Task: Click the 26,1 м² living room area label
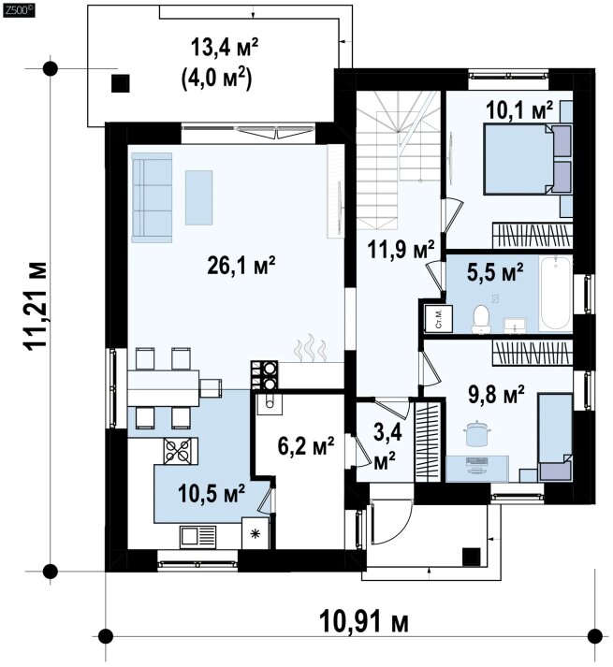click(241, 266)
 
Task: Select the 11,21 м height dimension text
click(37, 306)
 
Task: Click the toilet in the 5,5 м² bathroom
click(481, 319)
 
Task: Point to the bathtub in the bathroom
click(555, 293)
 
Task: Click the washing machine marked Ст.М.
click(439, 318)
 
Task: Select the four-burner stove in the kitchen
click(181, 451)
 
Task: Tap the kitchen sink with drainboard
click(198, 535)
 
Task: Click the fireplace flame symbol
click(311, 348)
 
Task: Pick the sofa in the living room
click(152, 197)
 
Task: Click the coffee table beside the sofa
click(198, 197)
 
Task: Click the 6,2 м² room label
click(306, 446)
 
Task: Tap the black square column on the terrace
click(121, 83)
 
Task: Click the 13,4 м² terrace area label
click(225, 47)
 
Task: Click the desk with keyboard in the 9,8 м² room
click(477, 469)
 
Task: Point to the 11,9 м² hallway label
click(401, 249)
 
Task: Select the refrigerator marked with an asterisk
click(255, 533)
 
